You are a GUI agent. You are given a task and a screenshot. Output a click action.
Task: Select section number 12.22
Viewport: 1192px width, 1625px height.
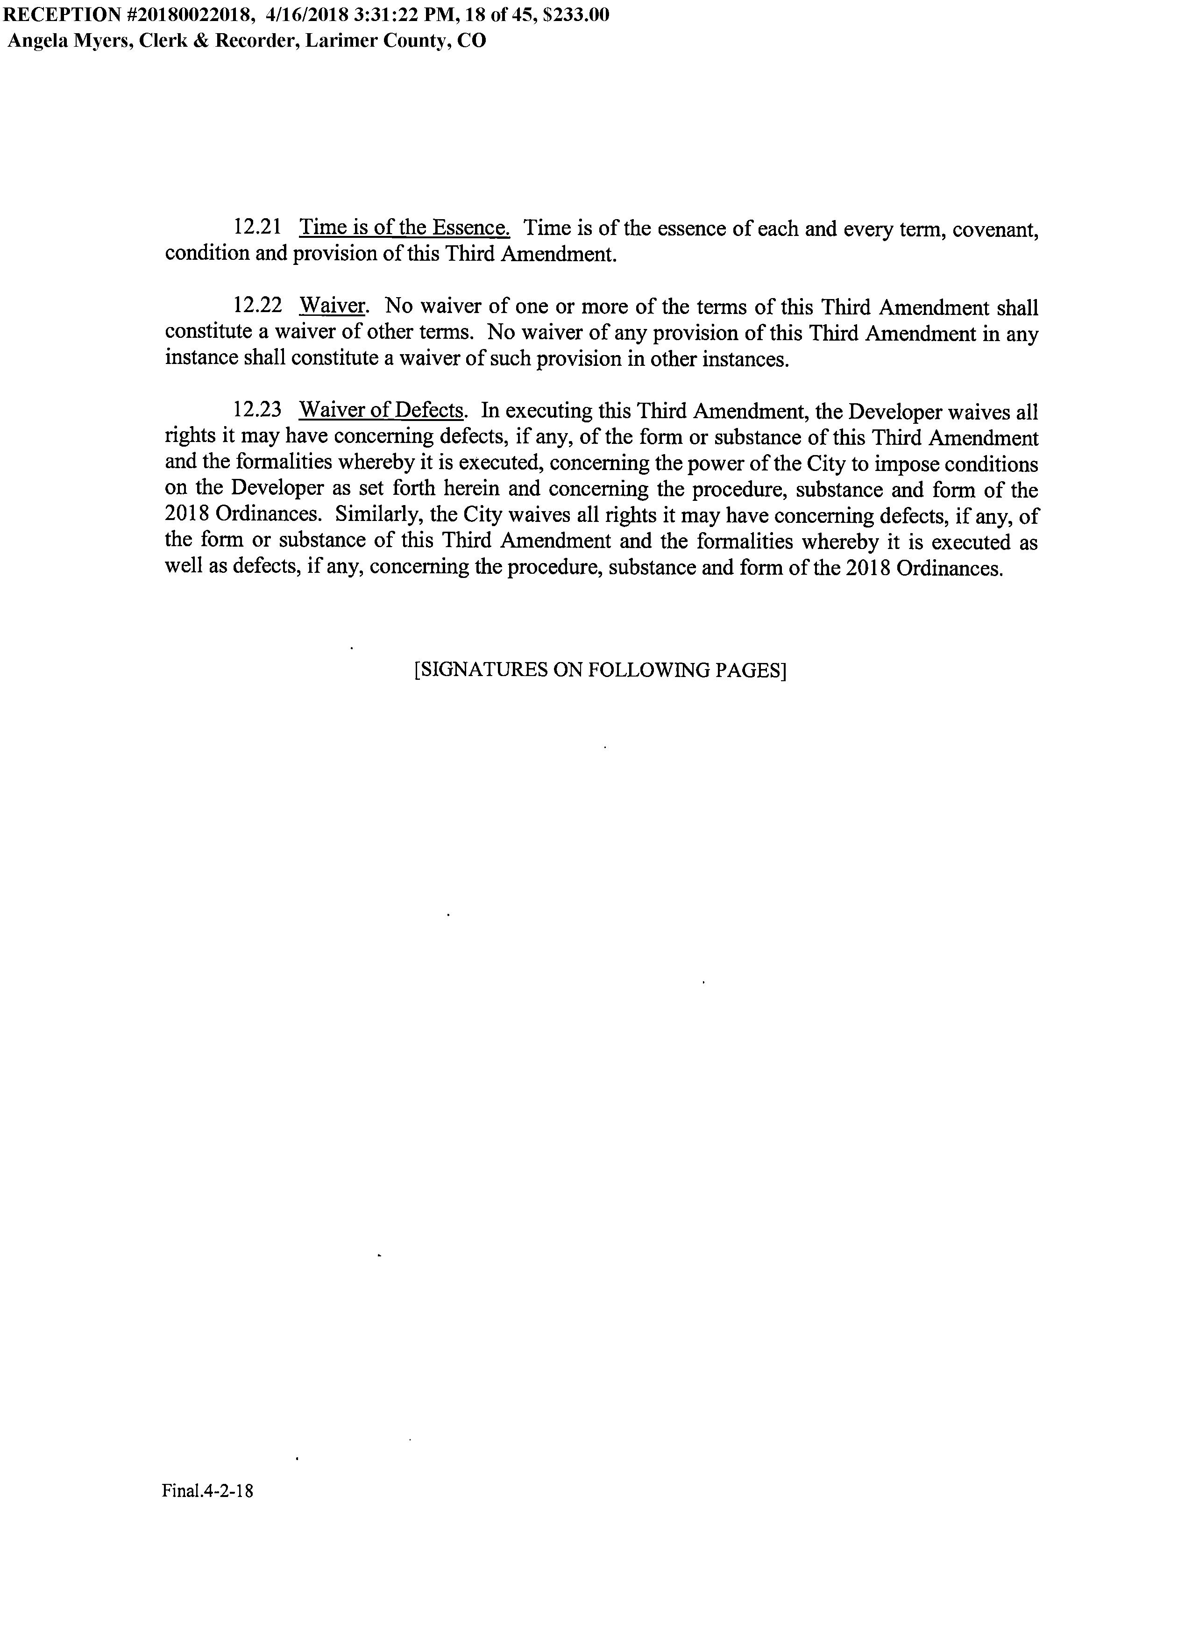tap(257, 306)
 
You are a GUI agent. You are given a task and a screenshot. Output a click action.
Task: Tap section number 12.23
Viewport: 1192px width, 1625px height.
tap(257, 411)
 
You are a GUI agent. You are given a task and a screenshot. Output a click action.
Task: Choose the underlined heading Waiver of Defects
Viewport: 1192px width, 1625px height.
tap(381, 411)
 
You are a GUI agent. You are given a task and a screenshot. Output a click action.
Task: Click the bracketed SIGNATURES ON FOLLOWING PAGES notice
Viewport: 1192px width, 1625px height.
tap(600, 670)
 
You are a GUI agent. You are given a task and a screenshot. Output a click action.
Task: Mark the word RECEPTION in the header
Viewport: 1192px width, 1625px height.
tap(61, 15)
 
